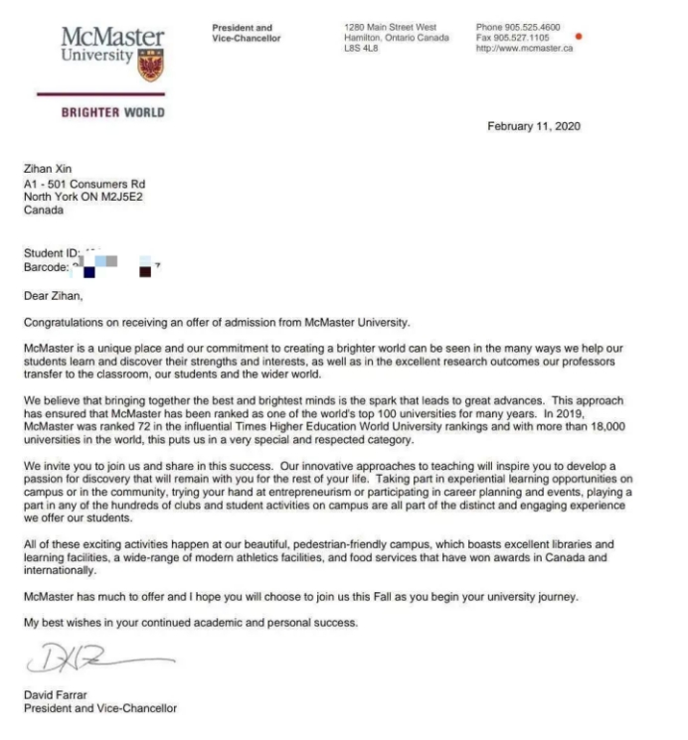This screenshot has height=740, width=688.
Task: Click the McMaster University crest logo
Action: [151, 65]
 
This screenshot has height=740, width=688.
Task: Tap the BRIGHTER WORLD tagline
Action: [113, 112]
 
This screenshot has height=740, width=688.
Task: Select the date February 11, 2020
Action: [534, 126]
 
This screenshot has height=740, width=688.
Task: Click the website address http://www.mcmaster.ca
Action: [524, 49]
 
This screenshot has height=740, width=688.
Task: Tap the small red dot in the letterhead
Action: [579, 37]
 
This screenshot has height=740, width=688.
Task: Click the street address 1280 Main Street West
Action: [389, 27]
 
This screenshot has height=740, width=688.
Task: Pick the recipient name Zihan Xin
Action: [47, 170]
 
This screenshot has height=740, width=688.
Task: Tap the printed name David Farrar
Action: [55, 695]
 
